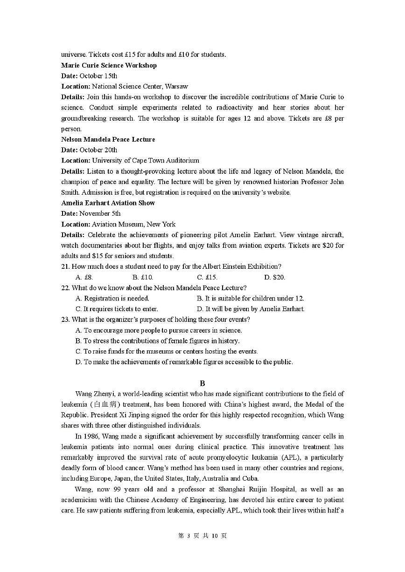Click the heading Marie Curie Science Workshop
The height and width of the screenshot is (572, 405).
(x=109, y=65)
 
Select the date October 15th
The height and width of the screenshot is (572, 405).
(x=98, y=76)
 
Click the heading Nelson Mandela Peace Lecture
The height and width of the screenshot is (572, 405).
(x=108, y=139)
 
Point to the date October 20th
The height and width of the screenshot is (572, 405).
(x=98, y=150)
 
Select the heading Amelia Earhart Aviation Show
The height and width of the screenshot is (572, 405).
(x=108, y=203)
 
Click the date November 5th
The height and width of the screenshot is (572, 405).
(x=100, y=214)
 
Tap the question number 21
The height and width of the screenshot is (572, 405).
(x=65, y=266)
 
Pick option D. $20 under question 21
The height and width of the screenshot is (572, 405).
(x=274, y=277)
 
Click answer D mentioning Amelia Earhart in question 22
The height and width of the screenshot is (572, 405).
(x=251, y=309)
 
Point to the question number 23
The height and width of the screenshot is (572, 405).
(x=65, y=320)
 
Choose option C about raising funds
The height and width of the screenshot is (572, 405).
(x=167, y=352)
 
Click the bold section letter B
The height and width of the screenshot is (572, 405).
(x=202, y=383)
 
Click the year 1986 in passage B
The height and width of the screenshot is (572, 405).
(x=91, y=436)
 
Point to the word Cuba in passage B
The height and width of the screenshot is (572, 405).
(x=251, y=478)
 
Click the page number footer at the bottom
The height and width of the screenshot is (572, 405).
(x=202, y=536)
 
